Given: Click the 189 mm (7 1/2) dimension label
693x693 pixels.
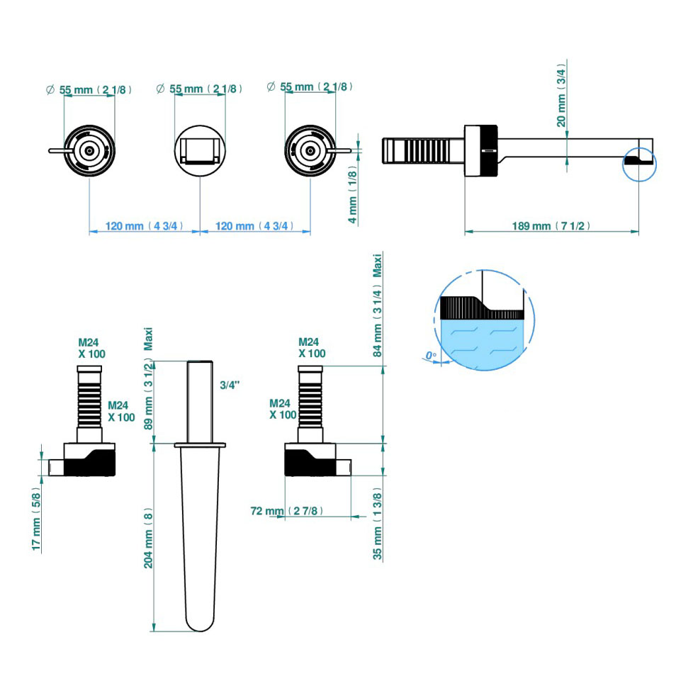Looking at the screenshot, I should (x=551, y=226).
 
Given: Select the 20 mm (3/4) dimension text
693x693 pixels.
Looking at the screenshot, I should (x=562, y=96).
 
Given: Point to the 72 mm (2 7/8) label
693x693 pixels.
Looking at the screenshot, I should (x=284, y=511).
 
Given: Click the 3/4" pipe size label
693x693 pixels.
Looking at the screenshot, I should (x=230, y=385).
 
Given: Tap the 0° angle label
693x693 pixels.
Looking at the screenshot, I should (x=429, y=356).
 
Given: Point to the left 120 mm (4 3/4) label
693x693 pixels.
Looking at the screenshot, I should (x=145, y=226).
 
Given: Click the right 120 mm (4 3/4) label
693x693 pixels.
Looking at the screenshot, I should (x=254, y=226).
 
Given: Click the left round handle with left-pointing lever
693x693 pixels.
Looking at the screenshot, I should (x=89, y=150).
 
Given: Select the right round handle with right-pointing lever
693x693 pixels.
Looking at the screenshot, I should (x=310, y=150).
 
